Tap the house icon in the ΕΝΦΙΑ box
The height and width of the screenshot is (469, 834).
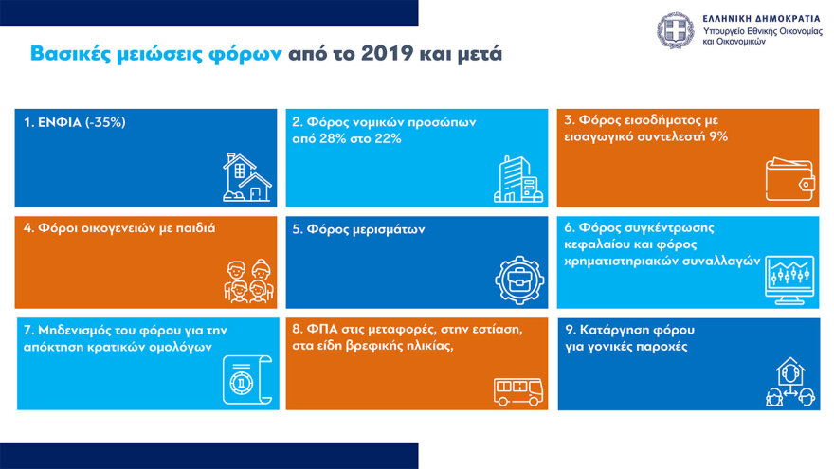[246, 176]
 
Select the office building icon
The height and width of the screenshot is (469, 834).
[517, 179]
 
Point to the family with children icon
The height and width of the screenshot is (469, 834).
[248, 280]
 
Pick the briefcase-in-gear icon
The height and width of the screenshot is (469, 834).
[517, 279]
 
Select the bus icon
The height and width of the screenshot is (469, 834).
[517, 389]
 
